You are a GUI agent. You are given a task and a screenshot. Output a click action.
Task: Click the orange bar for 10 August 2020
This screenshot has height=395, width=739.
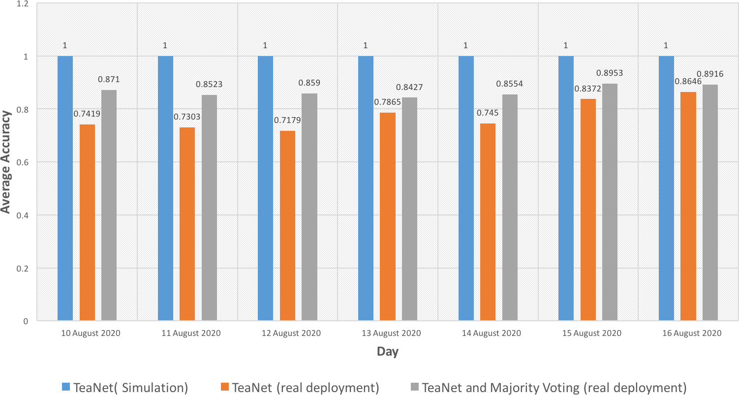pyautogui.click(x=87, y=222)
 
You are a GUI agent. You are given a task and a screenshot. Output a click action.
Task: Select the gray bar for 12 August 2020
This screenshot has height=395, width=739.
pyautogui.click(x=309, y=207)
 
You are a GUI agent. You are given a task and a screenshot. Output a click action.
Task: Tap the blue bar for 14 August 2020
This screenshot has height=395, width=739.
pyautogui.click(x=466, y=188)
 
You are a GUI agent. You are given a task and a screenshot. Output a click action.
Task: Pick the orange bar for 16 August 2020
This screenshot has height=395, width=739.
pyautogui.click(x=688, y=206)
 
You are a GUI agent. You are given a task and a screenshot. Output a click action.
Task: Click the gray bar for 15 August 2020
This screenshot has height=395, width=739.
pyautogui.click(x=610, y=202)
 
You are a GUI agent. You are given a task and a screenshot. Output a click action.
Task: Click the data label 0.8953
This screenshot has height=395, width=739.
pyautogui.click(x=610, y=73)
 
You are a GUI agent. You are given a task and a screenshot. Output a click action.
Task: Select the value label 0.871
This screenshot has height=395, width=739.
pyautogui.click(x=109, y=79)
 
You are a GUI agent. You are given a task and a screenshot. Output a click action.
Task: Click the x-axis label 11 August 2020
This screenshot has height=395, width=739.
pyautogui.click(x=191, y=334)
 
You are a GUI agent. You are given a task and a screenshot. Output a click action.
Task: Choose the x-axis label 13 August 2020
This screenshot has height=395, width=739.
pyautogui.click(x=391, y=334)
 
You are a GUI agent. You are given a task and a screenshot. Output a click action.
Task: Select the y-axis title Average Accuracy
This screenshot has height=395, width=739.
pyautogui.click(x=6, y=162)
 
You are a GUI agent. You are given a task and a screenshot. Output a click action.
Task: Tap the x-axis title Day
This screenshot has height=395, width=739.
pyautogui.click(x=388, y=352)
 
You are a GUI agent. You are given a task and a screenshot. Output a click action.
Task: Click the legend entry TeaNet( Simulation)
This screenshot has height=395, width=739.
pyautogui.click(x=130, y=388)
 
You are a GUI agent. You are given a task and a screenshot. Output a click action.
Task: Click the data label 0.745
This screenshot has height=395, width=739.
pyautogui.click(x=487, y=113)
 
